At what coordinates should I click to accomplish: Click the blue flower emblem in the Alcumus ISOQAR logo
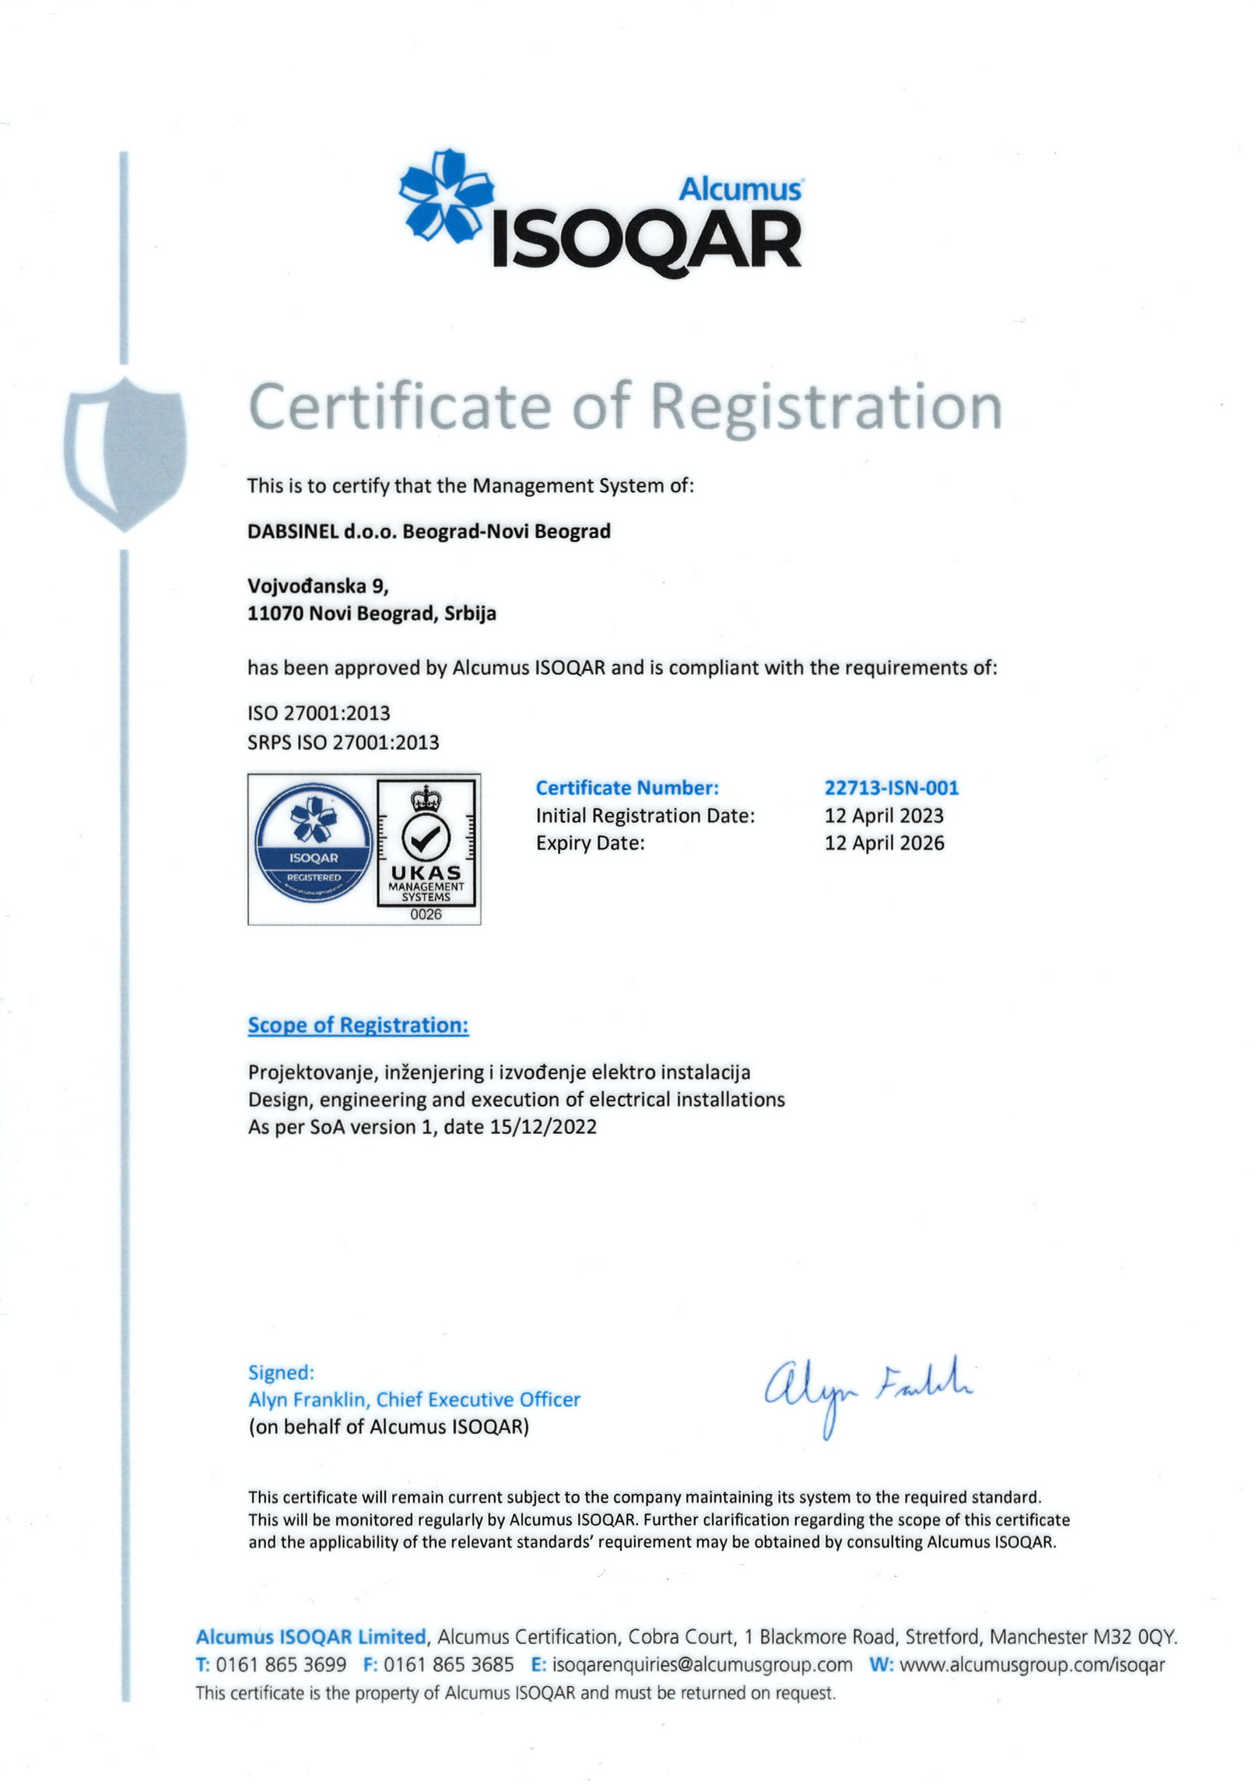click(446, 194)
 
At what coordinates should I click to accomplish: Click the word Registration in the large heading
click(825, 407)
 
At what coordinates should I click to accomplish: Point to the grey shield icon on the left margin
click(125, 453)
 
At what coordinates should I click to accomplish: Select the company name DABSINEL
click(293, 531)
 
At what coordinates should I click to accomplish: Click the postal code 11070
click(275, 614)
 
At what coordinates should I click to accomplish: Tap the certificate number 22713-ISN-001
click(891, 788)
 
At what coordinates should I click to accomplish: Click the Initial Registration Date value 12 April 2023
click(883, 815)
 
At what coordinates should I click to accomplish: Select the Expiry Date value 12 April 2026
click(884, 843)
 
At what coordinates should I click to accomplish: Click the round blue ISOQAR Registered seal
click(314, 842)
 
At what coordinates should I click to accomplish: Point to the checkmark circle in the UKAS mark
click(426, 837)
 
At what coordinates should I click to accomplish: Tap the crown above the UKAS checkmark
click(426, 798)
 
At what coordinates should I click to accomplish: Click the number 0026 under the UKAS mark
click(426, 915)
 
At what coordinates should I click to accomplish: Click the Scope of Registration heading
click(358, 1025)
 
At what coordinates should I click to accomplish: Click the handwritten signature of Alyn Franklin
click(868, 1390)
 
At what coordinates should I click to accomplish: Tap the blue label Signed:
click(281, 1373)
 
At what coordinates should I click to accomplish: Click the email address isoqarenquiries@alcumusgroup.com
click(702, 1665)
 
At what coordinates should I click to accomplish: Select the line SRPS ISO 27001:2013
click(343, 743)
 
